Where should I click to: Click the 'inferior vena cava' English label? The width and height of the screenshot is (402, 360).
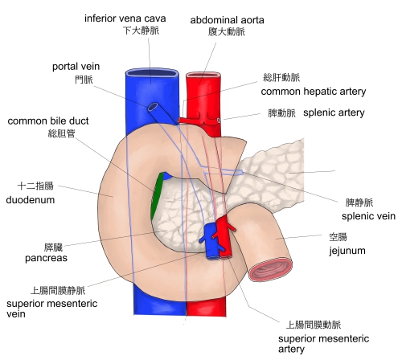[125, 18]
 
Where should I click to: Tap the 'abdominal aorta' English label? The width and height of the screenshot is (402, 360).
[227, 20]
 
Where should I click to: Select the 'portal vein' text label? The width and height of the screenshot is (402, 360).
[76, 67]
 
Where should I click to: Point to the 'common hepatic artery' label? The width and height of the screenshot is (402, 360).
[314, 92]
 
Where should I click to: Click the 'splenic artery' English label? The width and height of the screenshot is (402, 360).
[334, 112]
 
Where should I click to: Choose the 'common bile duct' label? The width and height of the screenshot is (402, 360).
[48, 121]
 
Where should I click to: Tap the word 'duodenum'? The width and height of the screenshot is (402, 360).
[31, 200]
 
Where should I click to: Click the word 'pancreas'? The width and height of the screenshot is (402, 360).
[46, 258]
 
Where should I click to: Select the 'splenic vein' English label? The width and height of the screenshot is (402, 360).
[368, 216]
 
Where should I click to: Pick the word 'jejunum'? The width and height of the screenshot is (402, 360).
[347, 251]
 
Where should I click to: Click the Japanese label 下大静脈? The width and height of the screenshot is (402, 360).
[141, 31]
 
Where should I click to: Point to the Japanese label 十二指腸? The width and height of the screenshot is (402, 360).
[35, 186]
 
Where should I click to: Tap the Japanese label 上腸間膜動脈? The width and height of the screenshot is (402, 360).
[314, 325]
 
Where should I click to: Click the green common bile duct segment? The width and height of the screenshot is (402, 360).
[157, 195]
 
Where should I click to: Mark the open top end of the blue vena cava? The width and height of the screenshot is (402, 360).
[152, 73]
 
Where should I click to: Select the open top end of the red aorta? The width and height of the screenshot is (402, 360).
[203, 75]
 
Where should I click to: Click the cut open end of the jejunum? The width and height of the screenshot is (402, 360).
[271, 270]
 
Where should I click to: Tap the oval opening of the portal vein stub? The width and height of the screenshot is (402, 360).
[154, 107]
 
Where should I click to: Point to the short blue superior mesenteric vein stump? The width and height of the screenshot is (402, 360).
[211, 242]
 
